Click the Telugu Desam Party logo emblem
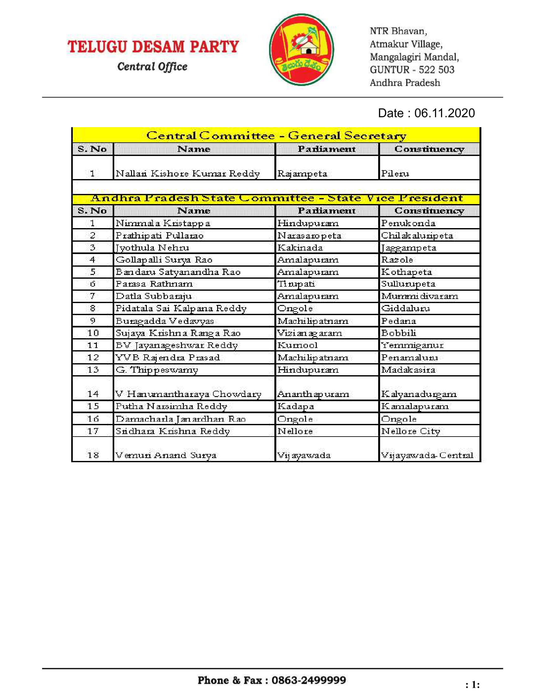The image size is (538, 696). [x=301, y=49]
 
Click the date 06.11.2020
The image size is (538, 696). [x=444, y=113]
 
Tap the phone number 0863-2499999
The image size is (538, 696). [x=309, y=680]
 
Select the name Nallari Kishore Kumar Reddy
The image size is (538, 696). [x=188, y=173]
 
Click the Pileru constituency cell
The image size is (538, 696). [x=395, y=173]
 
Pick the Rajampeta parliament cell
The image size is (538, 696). [x=302, y=173]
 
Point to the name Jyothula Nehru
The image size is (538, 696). [x=152, y=248]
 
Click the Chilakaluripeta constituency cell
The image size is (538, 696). [x=417, y=235]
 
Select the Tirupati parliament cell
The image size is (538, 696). [x=296, y=284]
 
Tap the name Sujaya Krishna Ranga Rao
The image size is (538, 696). [x=178, y=333]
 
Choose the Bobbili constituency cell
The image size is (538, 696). [x=399, y=333]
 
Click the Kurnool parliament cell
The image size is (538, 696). [x=297, y=345]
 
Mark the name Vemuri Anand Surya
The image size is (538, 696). [x=166, y=455]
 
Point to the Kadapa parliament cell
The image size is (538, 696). [x=296, y=406]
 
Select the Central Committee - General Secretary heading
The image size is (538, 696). [x=276, y=135]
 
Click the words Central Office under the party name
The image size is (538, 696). [x=152, y=67]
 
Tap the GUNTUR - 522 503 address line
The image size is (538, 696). [x=412, y=70]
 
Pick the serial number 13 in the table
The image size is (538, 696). [x=93, y=370]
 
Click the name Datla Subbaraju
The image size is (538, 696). [x=153, y=296]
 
